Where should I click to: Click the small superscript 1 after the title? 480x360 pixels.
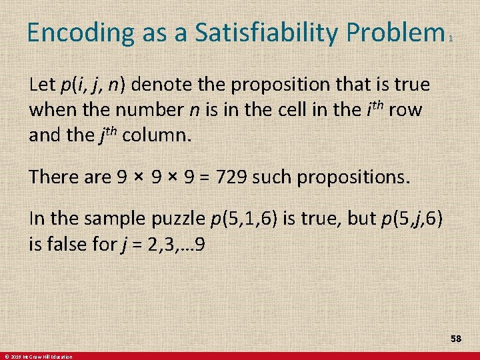(451, 39)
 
